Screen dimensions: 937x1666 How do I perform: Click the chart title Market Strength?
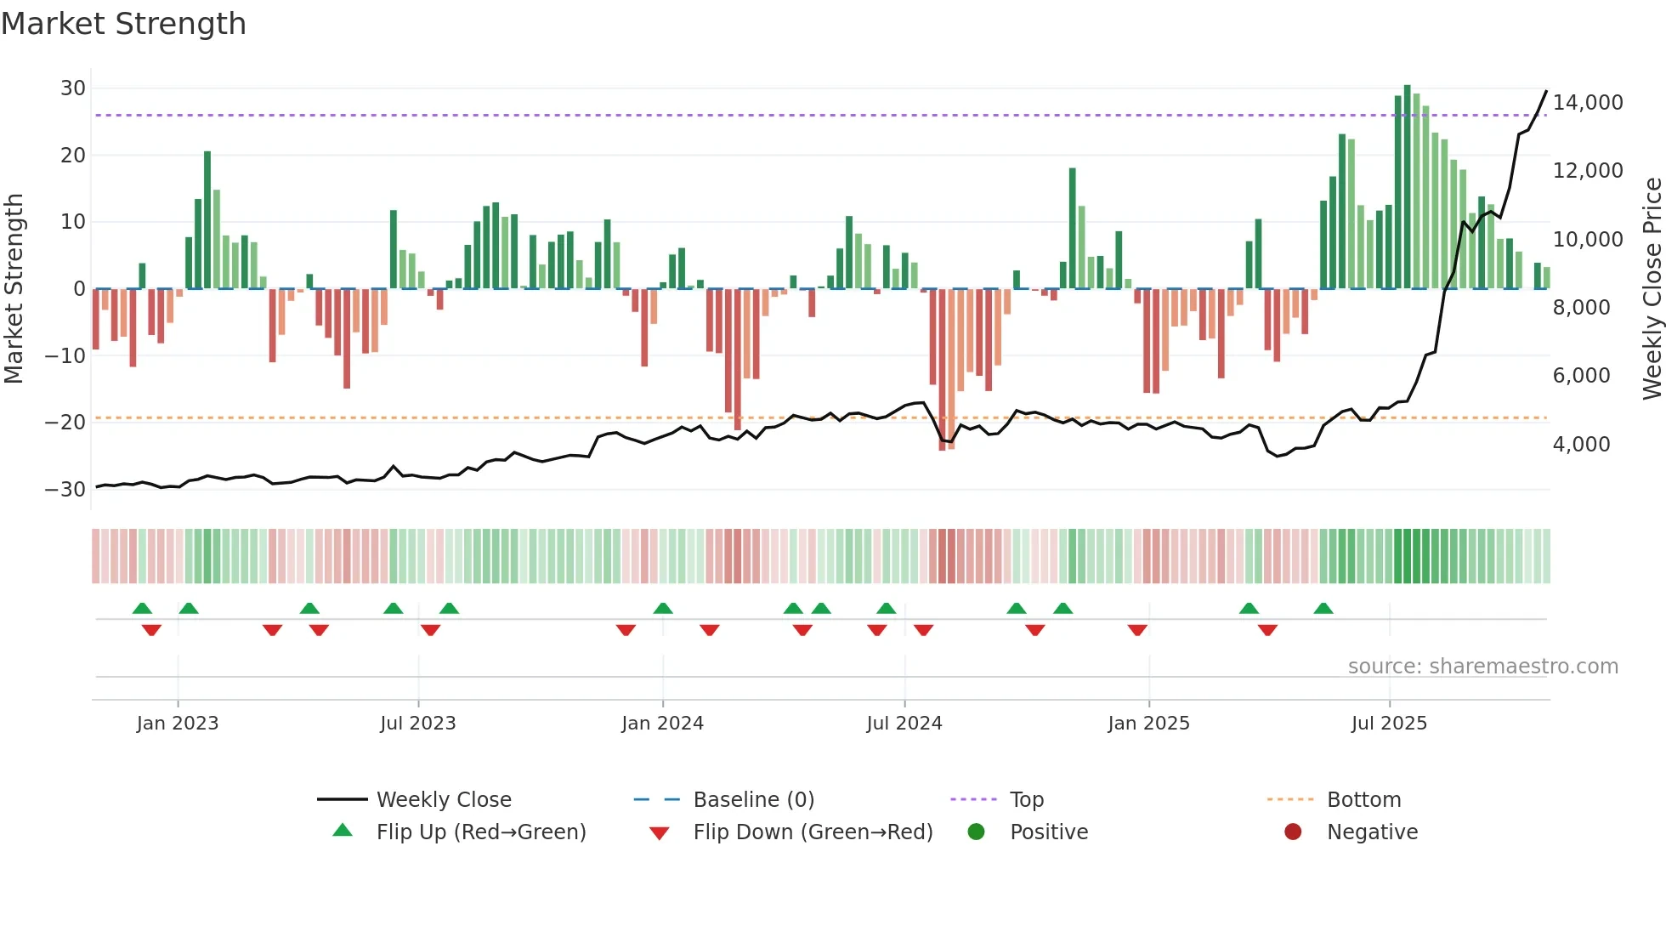click(x=123, y=24)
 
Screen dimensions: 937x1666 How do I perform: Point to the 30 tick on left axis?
click(x=73, y=88)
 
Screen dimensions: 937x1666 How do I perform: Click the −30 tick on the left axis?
click(x=65, y=490)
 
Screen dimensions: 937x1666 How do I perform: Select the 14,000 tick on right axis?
click(x=1587, y=103)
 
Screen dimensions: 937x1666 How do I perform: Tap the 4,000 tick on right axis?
click(x=1581, y=445)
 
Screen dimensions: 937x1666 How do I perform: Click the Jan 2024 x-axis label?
click(x=662, y=724)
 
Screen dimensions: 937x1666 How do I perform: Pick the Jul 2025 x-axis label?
click(x=1389, y=724)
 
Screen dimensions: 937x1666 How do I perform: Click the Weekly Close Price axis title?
click(x=1652, y=288)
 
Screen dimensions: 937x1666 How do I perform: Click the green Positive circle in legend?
click(x=976, y=832)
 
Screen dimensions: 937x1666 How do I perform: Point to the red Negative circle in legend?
click(x=1293, y=832)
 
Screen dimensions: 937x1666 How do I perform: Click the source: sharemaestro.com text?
click(x=1482, y=667)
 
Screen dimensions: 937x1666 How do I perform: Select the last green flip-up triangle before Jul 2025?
click(x=1323, y=609)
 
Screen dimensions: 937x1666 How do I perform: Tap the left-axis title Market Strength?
click(x=14, y=288)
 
